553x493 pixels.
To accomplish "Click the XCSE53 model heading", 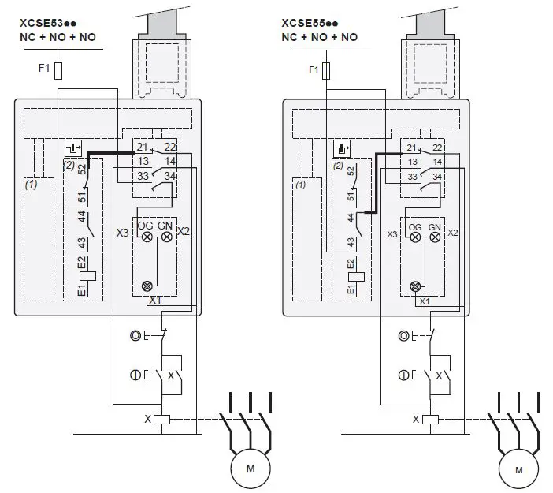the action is (48, 24).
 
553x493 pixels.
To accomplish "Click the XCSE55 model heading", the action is (310, 24).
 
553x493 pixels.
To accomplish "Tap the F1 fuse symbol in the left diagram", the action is (58, 71).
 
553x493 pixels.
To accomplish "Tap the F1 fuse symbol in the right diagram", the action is (327, 71).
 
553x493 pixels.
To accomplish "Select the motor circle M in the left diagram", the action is (251, 469).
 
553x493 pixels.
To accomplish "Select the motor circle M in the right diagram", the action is (519, 469).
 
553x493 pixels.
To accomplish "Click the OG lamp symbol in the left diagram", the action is (147, 237).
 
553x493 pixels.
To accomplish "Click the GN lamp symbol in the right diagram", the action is (435, 237).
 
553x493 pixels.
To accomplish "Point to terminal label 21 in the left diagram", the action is (142, 147).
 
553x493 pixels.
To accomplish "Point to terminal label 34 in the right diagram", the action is (437, 177).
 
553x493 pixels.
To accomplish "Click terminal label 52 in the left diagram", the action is (82, 170).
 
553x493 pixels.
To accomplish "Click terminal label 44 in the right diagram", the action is (351, 218).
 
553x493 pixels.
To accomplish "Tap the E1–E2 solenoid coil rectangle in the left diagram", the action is (88, 276).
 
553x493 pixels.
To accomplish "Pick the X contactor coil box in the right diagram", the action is (430, 420).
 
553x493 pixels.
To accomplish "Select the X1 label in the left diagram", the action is (155, 301).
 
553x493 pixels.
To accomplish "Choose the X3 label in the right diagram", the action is (392, 234).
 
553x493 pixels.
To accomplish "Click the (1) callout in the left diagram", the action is (31, 185).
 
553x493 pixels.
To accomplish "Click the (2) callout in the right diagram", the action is (338, 166).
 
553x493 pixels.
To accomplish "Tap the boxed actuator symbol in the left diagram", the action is (73, 148).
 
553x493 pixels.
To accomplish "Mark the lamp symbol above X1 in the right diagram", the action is (415, 286).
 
